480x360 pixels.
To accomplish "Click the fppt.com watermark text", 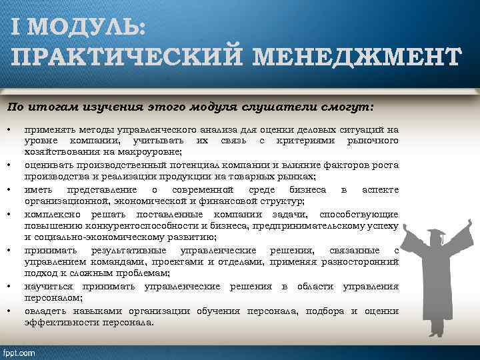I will [19, 352].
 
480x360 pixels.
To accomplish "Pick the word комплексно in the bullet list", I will [52, 214].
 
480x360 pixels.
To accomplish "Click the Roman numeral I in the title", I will [15, 28].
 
